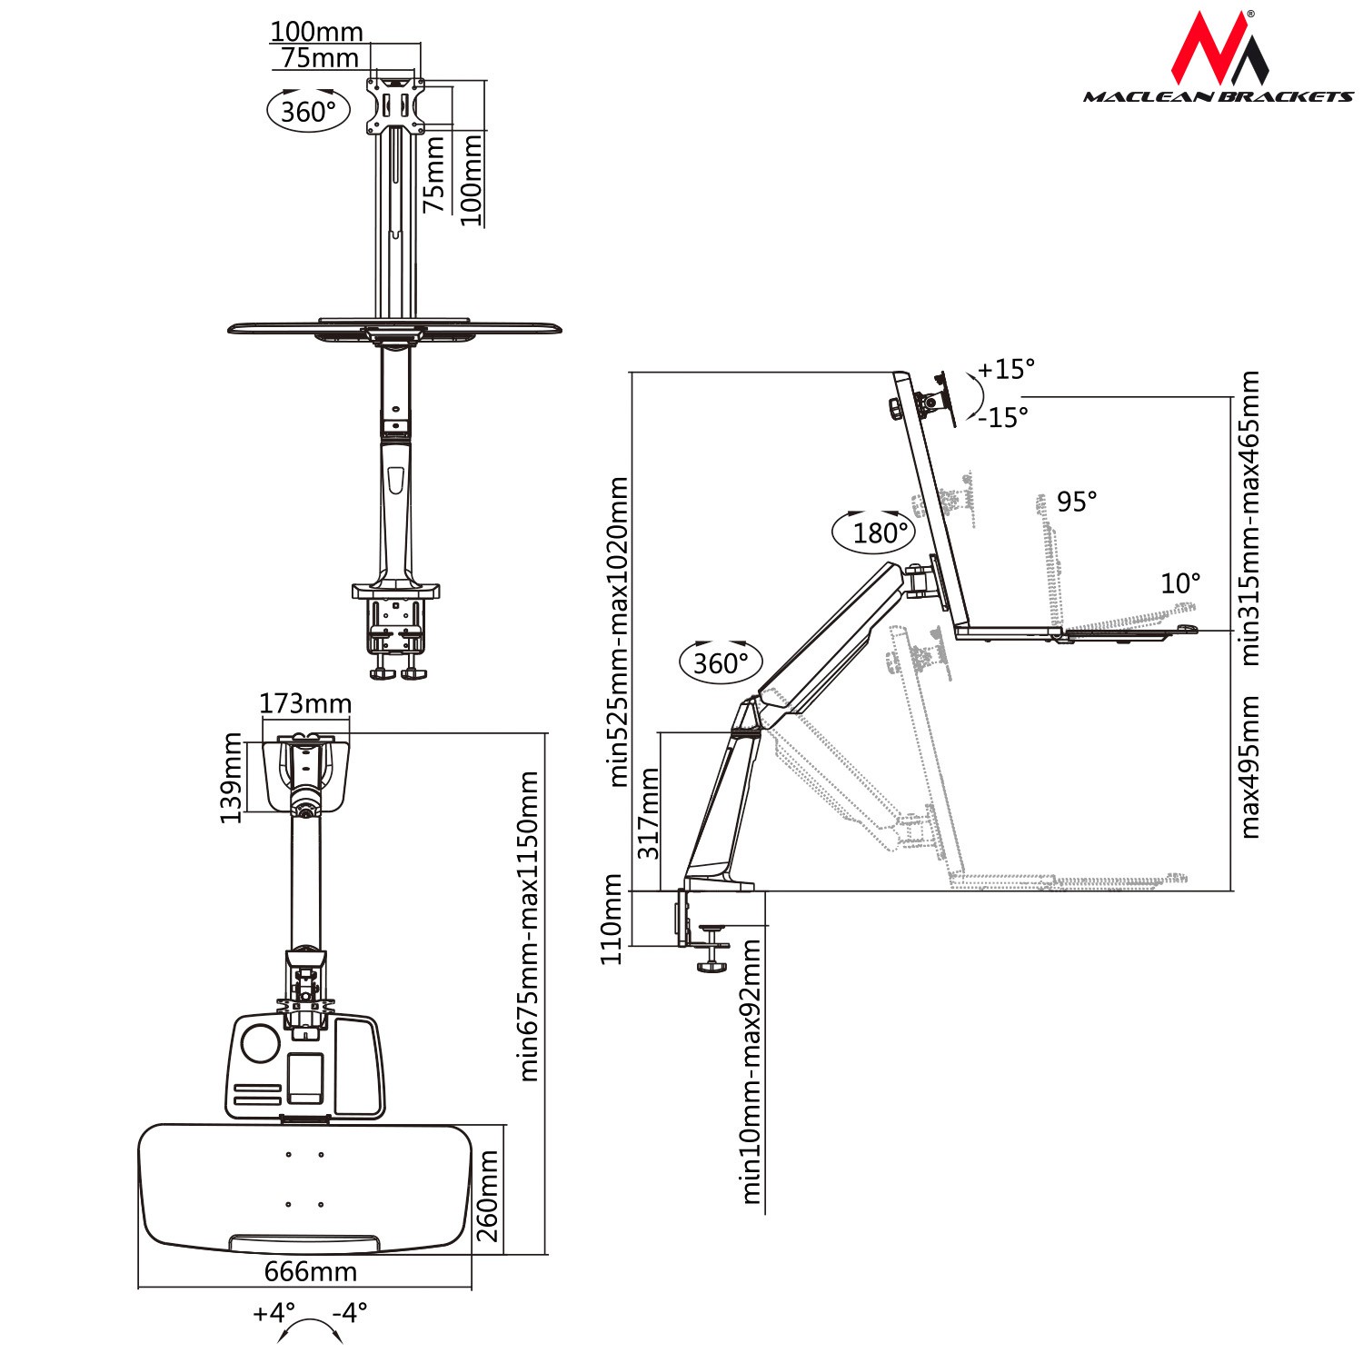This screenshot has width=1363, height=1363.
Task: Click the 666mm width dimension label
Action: click(x=311, y=1271)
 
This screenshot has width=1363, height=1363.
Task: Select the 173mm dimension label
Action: click(x=305, y=703)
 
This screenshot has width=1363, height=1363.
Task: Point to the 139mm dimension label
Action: click(x=232, y=778)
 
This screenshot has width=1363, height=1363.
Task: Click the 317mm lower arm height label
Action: click(x=649, y=814)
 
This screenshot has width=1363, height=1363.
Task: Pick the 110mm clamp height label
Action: click(x=612, y=920)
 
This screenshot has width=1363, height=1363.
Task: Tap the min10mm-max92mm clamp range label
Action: click(x=751, y=1072)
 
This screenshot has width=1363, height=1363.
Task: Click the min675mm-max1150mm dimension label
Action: click(x=529, y=927)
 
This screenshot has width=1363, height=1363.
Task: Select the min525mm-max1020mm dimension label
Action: click(x=619, y=632)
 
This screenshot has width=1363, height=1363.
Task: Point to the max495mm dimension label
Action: click(x=1250, y=767)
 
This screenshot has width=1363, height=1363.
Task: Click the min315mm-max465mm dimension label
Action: click(x=1250, y=518)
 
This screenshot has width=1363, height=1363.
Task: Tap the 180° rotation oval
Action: click(x=873, y=532)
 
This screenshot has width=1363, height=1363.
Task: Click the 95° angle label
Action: click(x=1078, y=502)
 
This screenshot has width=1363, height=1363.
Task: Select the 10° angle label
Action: click(x=1180, y=583)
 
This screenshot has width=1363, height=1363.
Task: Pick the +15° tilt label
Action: click(x=1006, y=369)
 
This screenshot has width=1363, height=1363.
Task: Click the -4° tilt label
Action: click(x=350, y=1312)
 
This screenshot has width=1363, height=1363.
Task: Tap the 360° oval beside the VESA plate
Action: click(x=308, y=111)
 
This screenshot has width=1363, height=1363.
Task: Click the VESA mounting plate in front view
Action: click(x=395, y=105)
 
